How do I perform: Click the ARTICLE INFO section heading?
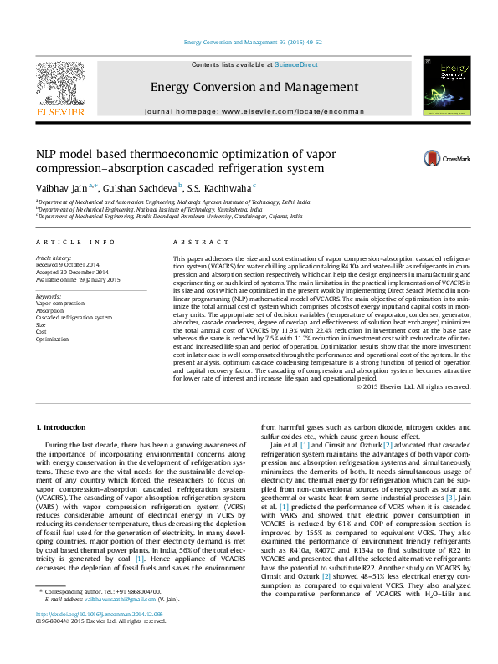tap(75, 242)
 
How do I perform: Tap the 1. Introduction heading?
tap(64, 427)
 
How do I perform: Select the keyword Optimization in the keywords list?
tap(52, 340)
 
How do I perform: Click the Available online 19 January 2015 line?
tap(78, 279)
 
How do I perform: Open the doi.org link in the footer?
tap(93, 637)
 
